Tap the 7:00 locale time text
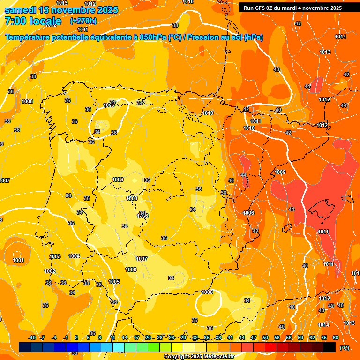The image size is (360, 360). pos(33,22)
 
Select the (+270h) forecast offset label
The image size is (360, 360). pos(83,21)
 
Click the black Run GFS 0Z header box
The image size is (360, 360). pos(292,8)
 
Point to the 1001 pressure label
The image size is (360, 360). pos(18,260)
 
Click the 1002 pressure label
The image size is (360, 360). pos(50,271)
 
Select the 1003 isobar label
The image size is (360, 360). pos(55,256)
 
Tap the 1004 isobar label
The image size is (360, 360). pos(74,256)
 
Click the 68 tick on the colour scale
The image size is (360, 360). pos(336,337)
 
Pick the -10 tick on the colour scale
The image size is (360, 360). pos(32,337)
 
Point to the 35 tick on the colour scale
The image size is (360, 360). pos(207,337)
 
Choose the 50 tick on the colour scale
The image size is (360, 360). pos(265,337)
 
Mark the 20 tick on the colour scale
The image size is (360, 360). pos(148,337)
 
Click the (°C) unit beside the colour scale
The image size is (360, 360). pos(345,348)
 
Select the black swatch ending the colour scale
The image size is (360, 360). pos(330,347)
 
